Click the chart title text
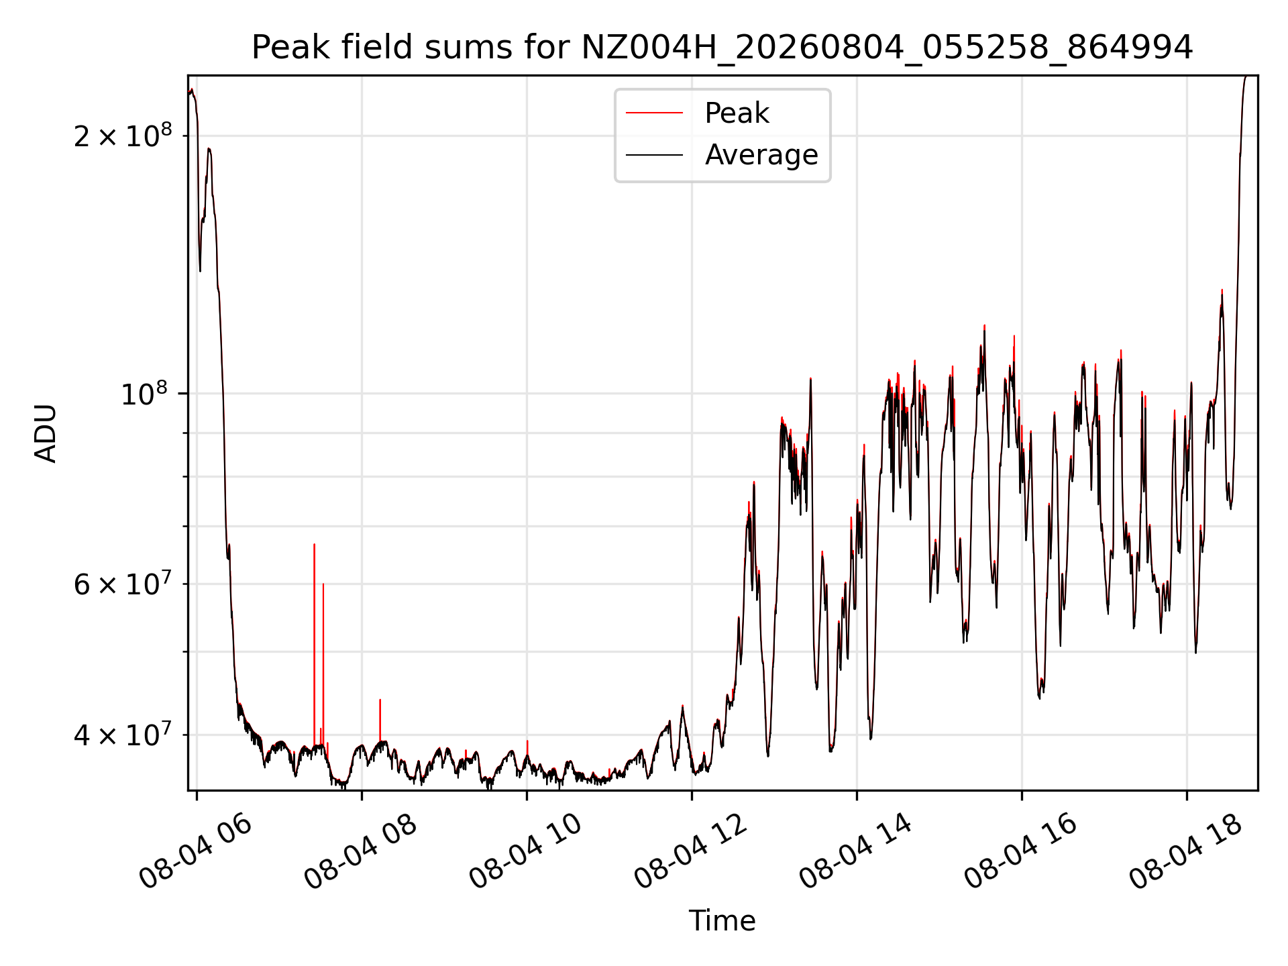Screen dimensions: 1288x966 [x=722, y=48]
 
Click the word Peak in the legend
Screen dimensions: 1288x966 [x=737, y=113]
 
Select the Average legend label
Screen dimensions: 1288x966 [x=761, y=155]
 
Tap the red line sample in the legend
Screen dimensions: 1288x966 [x=655, y=113]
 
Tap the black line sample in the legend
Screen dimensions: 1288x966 [x=655, y=155]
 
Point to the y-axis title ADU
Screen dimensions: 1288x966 [x=46, y=433]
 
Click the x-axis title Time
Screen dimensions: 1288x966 [x=722, y=920]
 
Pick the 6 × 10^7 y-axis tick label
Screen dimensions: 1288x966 [x=123, y=584]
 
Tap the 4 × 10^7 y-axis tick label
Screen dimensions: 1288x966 [x=123, y=735]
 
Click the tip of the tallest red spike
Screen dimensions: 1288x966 [x=314, y=544]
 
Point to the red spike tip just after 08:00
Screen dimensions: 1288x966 [x=380, y=700]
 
